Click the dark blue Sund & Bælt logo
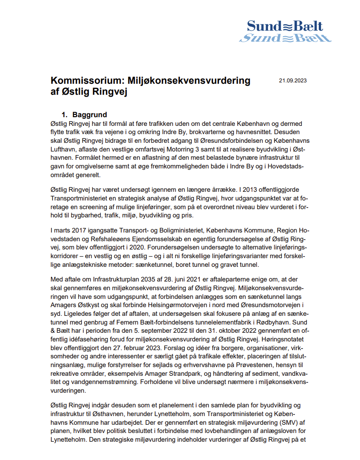click(285, 26)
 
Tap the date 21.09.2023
click(293, 81)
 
